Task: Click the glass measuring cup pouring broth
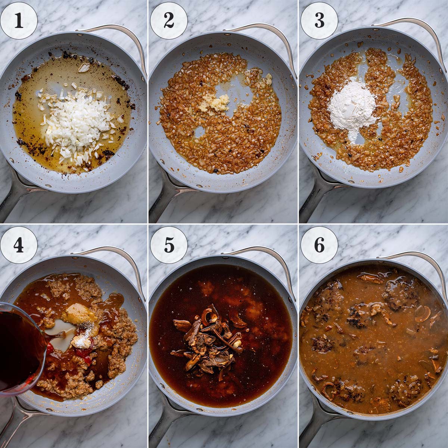(21, 347)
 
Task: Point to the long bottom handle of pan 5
(164, 429)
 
